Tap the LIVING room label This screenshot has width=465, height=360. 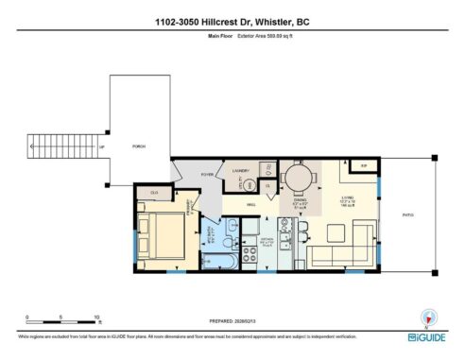click(347, 198)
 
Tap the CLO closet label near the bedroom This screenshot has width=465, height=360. click(154, 194)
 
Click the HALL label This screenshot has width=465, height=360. click(252, 204)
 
